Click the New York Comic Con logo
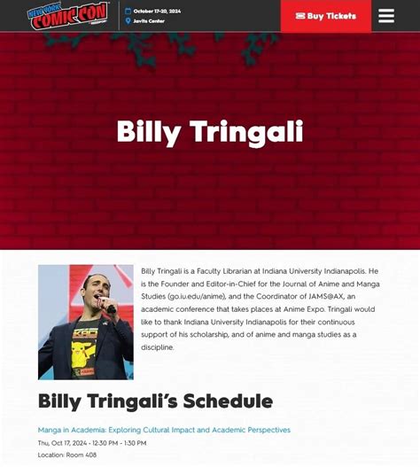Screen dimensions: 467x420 point(66,16)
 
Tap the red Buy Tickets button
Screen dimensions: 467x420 point(325,16)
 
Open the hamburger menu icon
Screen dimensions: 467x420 point(386,16)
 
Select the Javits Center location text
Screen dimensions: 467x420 point(148,20)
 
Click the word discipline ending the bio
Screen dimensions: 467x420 point(158,347)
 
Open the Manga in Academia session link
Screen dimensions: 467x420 point(164,430)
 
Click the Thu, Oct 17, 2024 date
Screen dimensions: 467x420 point(66,443)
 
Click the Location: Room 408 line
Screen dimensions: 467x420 point(66,455)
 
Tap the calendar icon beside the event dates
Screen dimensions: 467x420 point(128,11)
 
